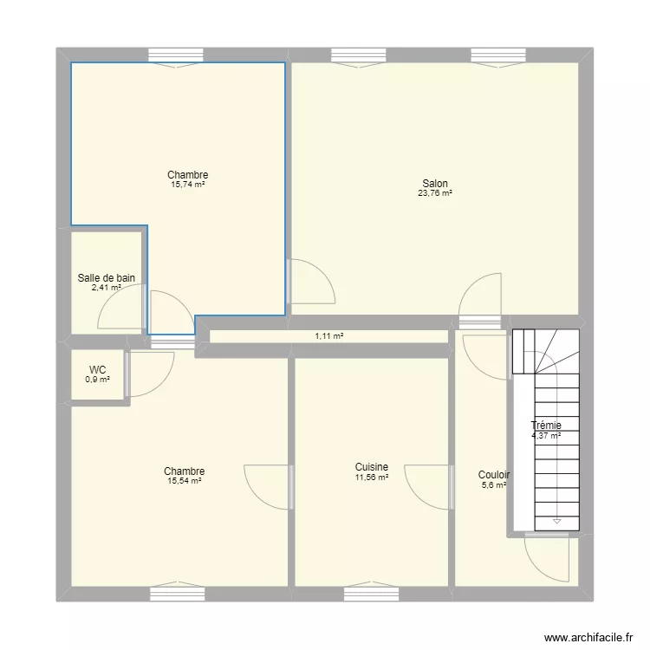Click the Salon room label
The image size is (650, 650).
coord(435,183)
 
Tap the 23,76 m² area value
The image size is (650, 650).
coord(435,193)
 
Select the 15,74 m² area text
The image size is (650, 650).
coord(188,185)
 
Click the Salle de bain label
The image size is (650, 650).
coord(106,278)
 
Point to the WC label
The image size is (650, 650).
coord(97,369)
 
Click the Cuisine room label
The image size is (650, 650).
coord(371,467)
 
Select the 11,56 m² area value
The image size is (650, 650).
coord(371,478)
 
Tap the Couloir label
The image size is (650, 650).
coord(494,475)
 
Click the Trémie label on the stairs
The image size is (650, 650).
coord(546,425)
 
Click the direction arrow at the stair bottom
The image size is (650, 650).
coord(556,521)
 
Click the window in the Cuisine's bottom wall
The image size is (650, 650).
coord(371,594)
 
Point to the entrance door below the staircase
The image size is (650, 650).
coord(547,557)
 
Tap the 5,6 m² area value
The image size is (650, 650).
coord(494,485)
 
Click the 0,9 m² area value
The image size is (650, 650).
coord(97,380)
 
